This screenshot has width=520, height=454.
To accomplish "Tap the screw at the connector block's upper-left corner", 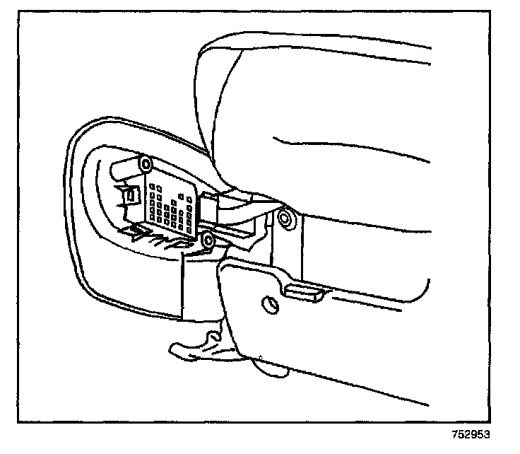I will click(x=146, y=165).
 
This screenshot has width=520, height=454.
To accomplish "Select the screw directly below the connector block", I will click(x=207, y=241).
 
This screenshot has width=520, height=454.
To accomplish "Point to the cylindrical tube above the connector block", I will click(x=124, y=169).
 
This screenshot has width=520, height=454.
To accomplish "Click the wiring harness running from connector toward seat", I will click(x=240, y=209).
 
